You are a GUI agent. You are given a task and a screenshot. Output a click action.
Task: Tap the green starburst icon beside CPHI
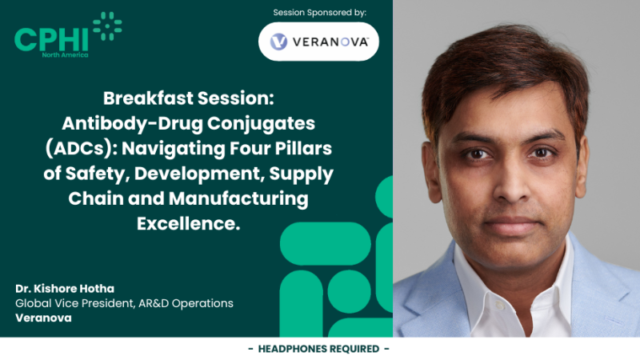click(106, 26)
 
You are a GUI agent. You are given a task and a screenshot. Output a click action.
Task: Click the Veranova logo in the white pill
click(318, 42)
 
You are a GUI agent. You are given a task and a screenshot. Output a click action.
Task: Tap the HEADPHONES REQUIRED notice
click(319, 349)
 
